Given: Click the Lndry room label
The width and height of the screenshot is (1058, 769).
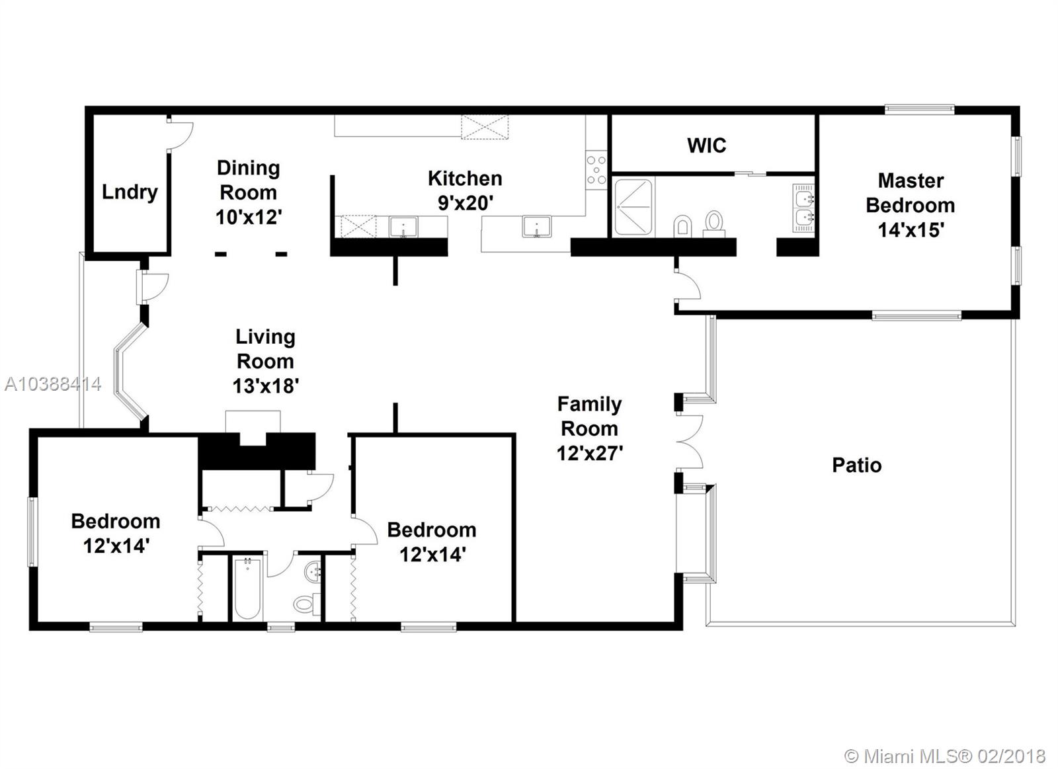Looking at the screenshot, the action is pos(130,192).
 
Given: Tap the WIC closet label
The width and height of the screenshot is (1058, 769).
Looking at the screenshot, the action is pos(707,145).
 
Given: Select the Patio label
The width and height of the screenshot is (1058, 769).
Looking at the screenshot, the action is pos(857,465).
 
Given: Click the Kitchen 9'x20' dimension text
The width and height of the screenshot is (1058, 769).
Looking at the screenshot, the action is pos(466,203).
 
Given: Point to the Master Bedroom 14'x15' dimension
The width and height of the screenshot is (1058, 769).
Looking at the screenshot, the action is pos(911,230).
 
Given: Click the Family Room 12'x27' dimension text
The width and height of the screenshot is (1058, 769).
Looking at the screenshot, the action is pos(589,454).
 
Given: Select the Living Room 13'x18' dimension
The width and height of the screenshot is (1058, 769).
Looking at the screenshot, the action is pos(265,386).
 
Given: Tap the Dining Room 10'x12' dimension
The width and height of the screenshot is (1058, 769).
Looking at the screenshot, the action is pos(249,218).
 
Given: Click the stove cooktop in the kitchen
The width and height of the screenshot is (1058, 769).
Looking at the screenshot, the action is pos(596,170).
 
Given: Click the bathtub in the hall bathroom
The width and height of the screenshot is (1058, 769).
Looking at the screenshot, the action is pos(247,588).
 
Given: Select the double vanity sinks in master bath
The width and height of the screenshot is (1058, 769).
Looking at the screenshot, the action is pos(803,208).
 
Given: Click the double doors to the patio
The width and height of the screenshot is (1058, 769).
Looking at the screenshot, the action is pos(690,442).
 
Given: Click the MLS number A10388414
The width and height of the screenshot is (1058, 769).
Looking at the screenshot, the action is pos(53,384).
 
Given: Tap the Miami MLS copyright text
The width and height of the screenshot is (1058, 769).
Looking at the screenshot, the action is pos(945,743).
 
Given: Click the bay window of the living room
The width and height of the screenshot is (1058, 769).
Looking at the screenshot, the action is pos(128,372).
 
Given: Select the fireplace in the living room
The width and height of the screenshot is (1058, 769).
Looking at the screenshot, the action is pos(255,442).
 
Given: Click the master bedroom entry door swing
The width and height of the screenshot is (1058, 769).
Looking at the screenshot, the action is pos(688,285).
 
